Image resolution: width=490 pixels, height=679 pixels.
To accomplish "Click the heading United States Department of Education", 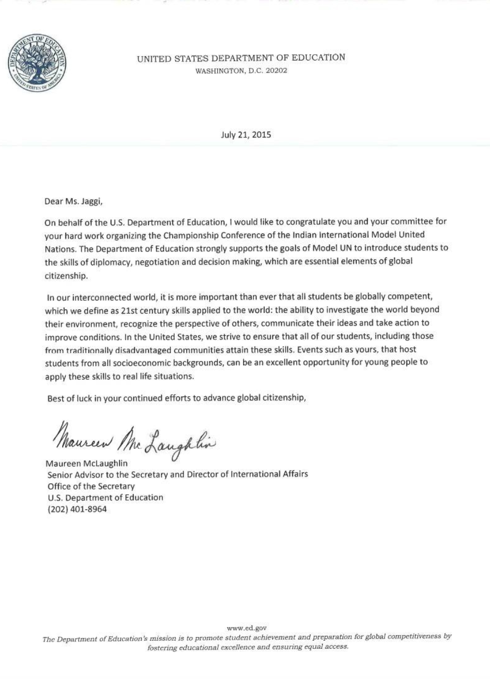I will point(241,58).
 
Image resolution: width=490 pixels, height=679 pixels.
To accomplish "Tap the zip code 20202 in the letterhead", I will point(276,71).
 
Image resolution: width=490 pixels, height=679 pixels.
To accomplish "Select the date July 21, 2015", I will point(246,135).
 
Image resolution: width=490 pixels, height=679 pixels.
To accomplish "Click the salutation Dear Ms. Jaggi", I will point(72,202).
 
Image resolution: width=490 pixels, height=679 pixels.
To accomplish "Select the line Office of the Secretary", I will point(91,486).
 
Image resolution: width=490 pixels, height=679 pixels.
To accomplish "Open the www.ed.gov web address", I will point(243,628).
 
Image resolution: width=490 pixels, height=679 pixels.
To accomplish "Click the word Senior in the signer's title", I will point(59,474).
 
